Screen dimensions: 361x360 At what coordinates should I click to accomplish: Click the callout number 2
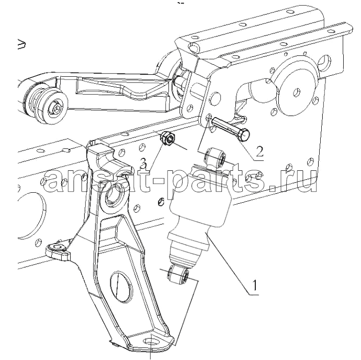coord(260,152)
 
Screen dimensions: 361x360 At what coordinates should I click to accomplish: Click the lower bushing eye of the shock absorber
coord(179,274)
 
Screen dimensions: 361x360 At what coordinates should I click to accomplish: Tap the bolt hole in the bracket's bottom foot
coord(151,342)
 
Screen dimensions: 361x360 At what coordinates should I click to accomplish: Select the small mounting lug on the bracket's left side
coord(58,252)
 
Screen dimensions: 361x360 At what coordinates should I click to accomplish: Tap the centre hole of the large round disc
coord(297,92)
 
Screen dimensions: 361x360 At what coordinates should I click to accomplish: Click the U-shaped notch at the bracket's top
coord(106,161)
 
